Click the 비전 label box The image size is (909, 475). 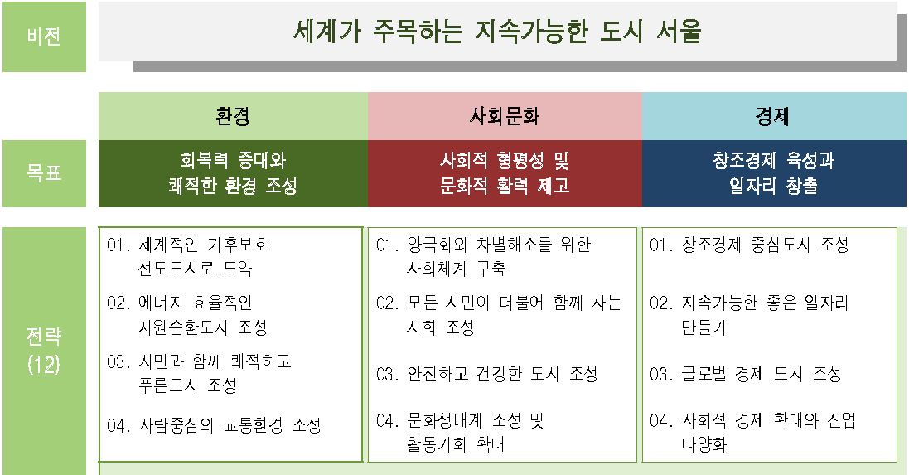coord(44,36)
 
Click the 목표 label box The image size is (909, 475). coord(44,172)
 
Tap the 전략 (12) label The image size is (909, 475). coord(44,351)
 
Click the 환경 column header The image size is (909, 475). coord(233,116)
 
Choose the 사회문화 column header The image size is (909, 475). coord(505,116)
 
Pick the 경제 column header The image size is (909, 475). coord(774,116)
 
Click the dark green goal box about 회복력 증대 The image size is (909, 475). coord(233,173)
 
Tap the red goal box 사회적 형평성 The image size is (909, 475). coord(505,173)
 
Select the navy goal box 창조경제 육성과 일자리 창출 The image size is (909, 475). coord(774,173)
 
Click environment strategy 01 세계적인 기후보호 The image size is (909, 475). coord(187,256)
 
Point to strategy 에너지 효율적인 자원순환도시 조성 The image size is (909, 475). coord(186,315)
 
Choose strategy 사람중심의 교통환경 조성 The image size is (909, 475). coord(214,426)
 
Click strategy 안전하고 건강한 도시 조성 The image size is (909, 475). coord(487,374)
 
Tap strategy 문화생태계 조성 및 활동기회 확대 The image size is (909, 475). coord(460,432)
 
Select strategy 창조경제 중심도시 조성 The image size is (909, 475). coord(749,245)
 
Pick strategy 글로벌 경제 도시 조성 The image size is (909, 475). coord(746,374)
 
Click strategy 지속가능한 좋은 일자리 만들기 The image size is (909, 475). coord(749,315)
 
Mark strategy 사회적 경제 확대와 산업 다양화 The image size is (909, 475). coord(752,432)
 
